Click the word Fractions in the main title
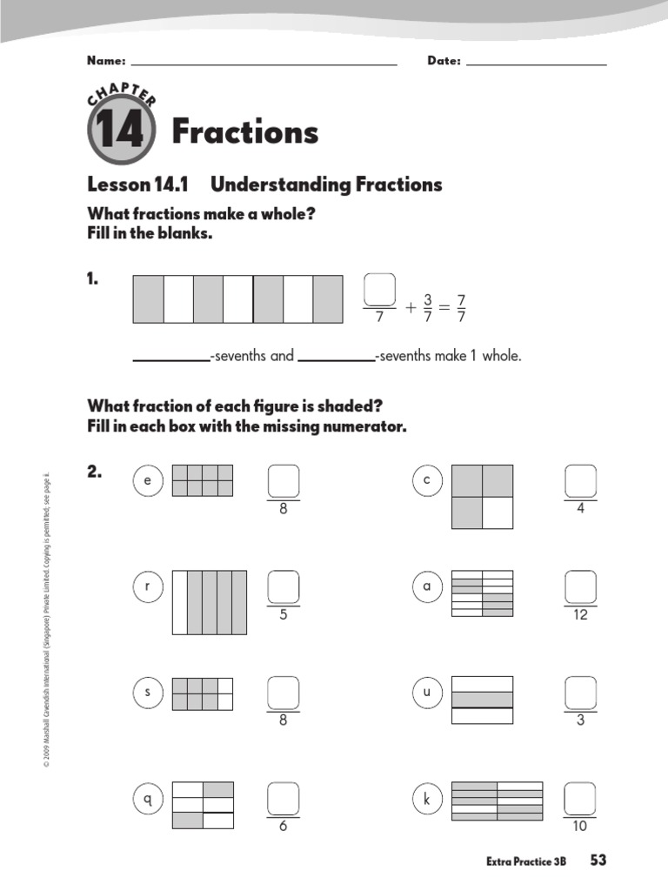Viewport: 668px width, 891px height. pos(245,132)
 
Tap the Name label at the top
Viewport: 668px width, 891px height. pos(106,62)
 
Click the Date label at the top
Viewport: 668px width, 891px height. pos(444,62)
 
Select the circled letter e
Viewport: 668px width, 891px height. pos(148,480)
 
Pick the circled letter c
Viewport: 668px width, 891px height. pos(427,480)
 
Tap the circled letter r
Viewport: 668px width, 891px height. pos(148,587)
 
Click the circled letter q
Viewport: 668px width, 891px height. pos(148,800)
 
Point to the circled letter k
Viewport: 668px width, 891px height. pos(427,800)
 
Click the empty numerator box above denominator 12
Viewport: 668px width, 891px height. pos(580,586)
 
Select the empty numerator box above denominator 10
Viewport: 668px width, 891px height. pos(580,799)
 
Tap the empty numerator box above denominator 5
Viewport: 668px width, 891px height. pos(284,586)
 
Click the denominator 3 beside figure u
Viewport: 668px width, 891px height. pos(580,720)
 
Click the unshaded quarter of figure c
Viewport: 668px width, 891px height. pos(498,512)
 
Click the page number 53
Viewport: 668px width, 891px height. pos(598,861)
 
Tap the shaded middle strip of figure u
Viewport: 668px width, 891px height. pos(483,700)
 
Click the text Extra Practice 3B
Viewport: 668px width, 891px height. pos(526,861)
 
